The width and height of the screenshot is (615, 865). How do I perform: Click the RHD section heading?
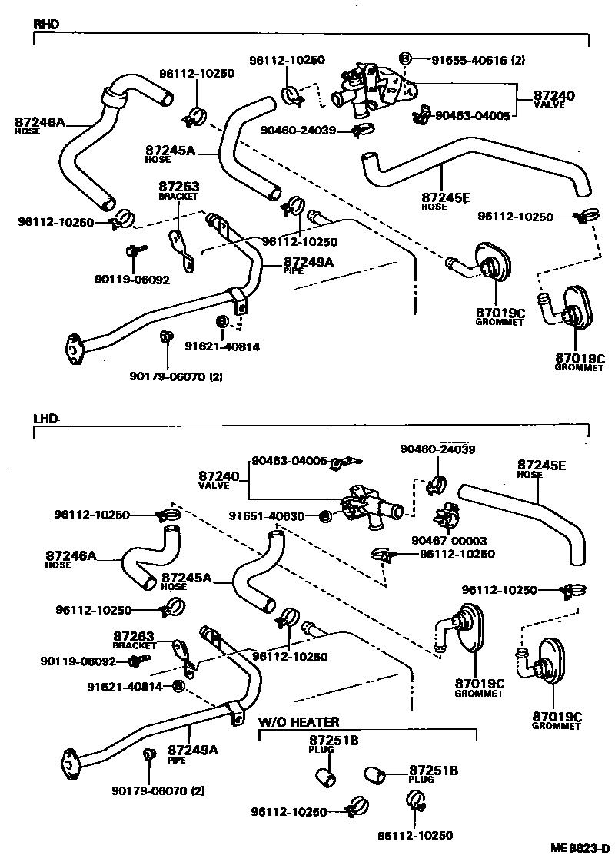coord(45,24)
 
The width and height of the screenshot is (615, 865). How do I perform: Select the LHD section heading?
coord(45,420)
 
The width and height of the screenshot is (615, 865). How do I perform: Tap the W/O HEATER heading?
coord(298,722)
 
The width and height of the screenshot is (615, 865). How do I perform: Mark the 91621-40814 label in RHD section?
coord(222,346)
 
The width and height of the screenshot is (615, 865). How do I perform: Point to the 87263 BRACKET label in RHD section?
coord(179,190)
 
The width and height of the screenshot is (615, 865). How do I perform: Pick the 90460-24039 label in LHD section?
coord(437,449)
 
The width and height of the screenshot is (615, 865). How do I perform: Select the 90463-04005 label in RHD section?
coord(472,116)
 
